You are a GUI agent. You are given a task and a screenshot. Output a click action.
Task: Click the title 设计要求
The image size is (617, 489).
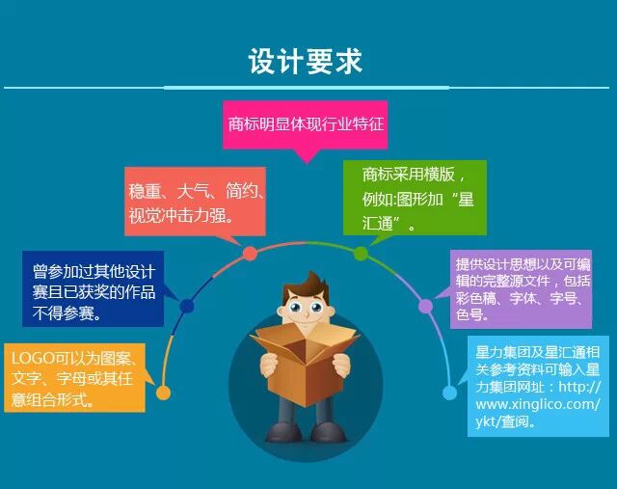coord(306,62)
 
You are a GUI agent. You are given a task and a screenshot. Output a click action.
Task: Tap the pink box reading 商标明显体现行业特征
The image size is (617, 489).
coord(306,124)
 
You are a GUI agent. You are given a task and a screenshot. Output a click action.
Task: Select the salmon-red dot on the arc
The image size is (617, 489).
coord(250,253)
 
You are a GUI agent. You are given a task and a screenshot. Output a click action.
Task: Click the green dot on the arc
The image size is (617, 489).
coord(361,253)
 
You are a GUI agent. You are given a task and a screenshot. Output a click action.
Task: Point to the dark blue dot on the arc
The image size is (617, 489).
coord(187,306)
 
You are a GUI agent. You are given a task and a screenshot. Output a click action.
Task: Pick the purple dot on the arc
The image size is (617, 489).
coord(425,306)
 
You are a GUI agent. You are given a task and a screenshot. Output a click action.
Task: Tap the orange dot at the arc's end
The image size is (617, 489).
coord(163,393)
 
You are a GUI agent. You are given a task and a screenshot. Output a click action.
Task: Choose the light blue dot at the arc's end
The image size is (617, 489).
coord(450,393)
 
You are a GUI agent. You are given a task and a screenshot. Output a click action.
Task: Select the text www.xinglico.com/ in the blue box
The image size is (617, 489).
coord(538,404)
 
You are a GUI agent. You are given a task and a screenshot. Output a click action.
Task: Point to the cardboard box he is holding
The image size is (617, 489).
coord(305,363)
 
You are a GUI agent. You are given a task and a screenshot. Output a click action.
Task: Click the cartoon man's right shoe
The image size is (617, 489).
coord(281,431)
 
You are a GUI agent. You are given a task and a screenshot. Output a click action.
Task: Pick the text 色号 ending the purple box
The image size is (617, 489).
coord(469,314)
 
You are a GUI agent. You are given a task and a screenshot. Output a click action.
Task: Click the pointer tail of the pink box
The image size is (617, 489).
coord(307,156)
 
